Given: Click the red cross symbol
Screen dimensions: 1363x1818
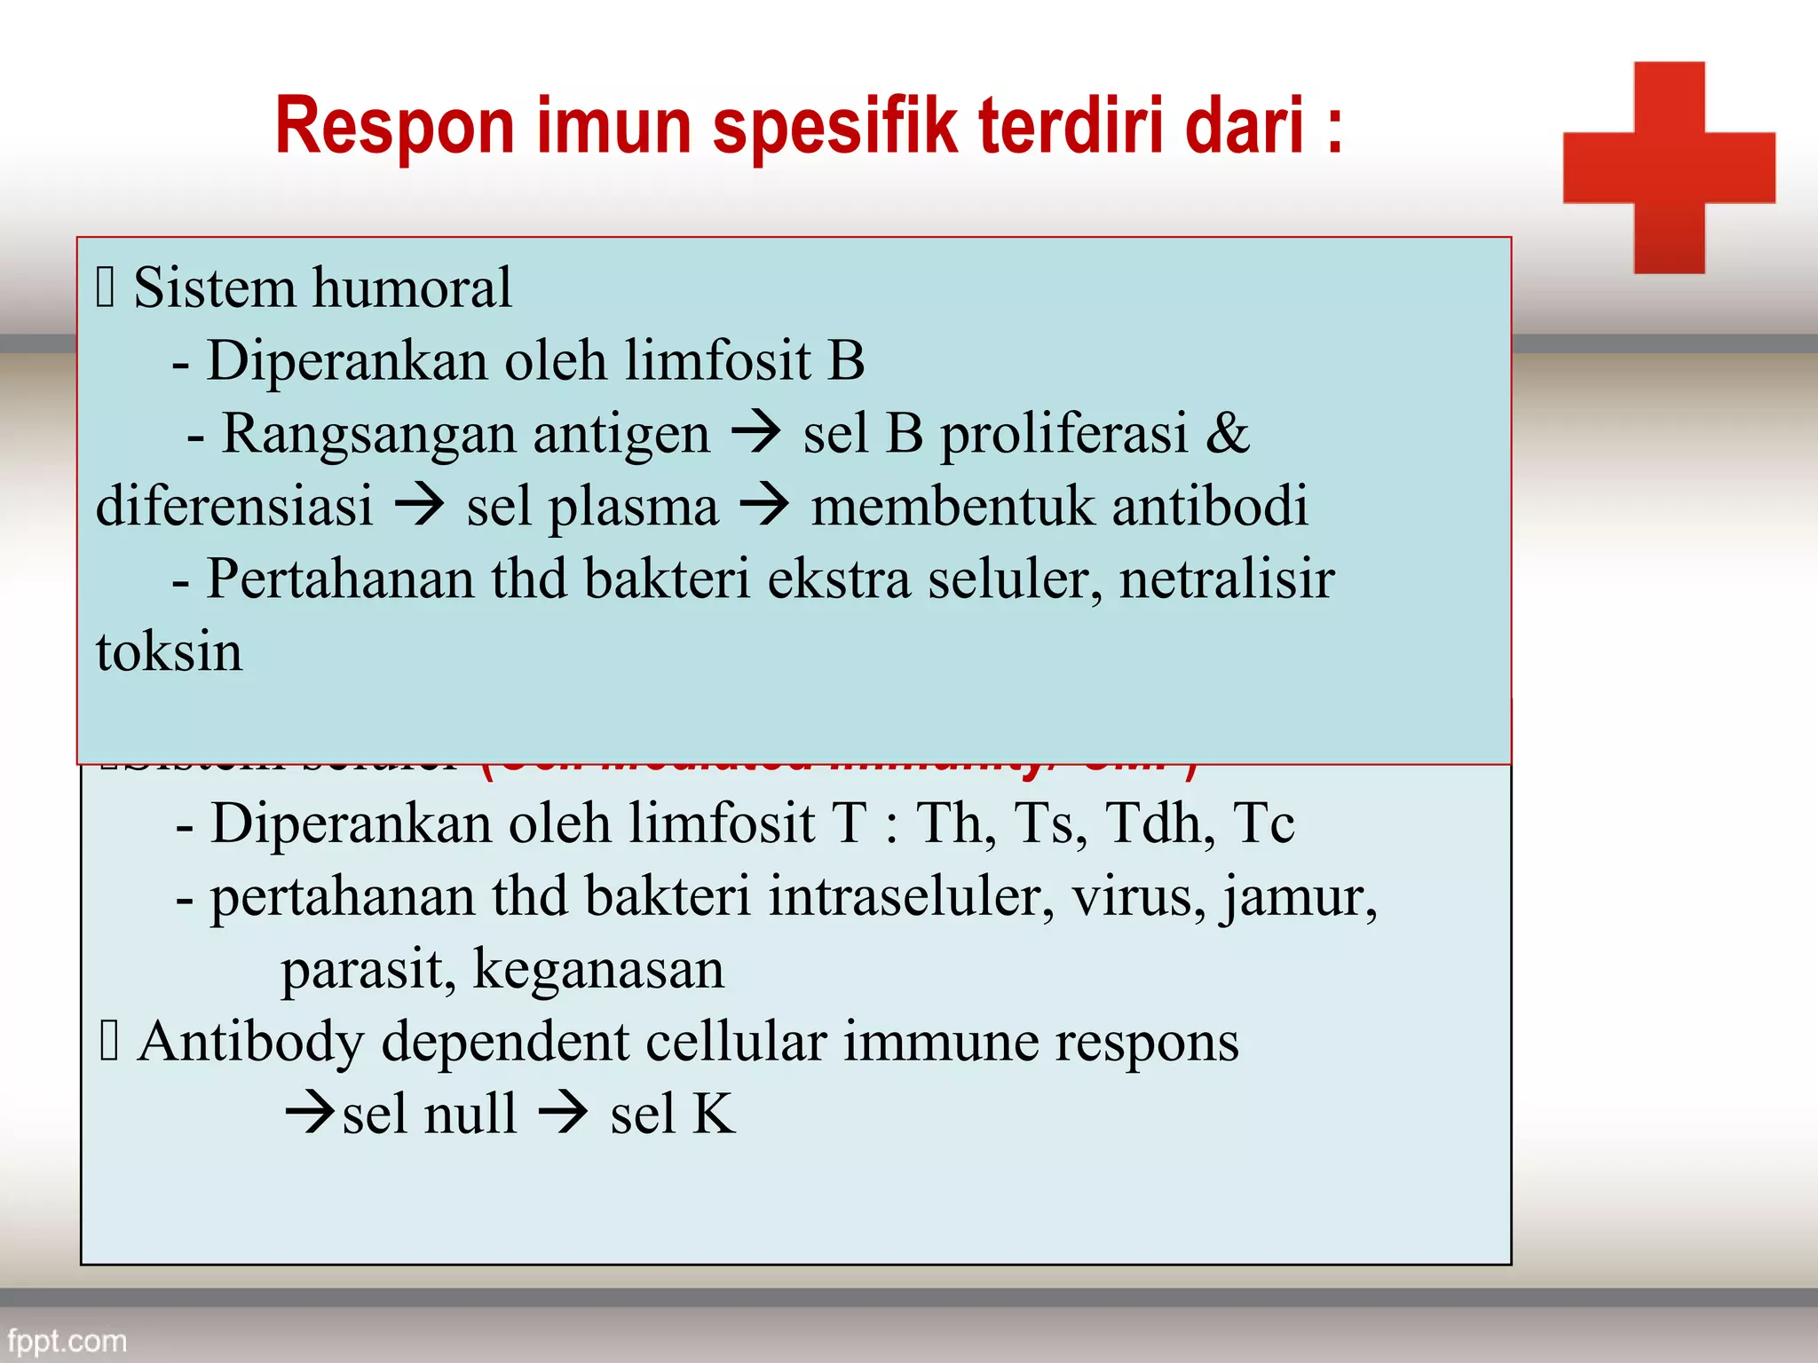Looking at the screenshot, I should [x=1669, y=167].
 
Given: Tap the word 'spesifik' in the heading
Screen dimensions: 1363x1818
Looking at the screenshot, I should [x=834, y=127].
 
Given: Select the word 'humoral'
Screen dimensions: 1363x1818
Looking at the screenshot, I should [x=412, y=288].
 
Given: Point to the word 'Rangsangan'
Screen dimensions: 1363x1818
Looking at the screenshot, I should [x=466, y=434].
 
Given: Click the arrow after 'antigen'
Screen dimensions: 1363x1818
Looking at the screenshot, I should [x=756, y=432].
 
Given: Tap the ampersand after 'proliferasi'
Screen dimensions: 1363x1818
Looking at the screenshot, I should [x=1228, y=434].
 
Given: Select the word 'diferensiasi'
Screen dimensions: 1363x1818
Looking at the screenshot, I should [x=234, y=507].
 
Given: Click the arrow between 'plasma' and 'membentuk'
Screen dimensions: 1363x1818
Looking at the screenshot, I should [x=764, y=505].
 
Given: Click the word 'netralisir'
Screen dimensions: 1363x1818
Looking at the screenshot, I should [x=1227, y=579].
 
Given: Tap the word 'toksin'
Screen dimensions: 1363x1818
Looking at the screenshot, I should [x=169, y=652].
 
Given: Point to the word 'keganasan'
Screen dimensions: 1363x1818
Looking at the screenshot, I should [x=599, y=969].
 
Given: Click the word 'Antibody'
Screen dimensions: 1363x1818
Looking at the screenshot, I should [x=251, y=1042].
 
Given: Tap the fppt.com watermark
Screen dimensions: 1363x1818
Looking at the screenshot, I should [x=67, y=1340].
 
